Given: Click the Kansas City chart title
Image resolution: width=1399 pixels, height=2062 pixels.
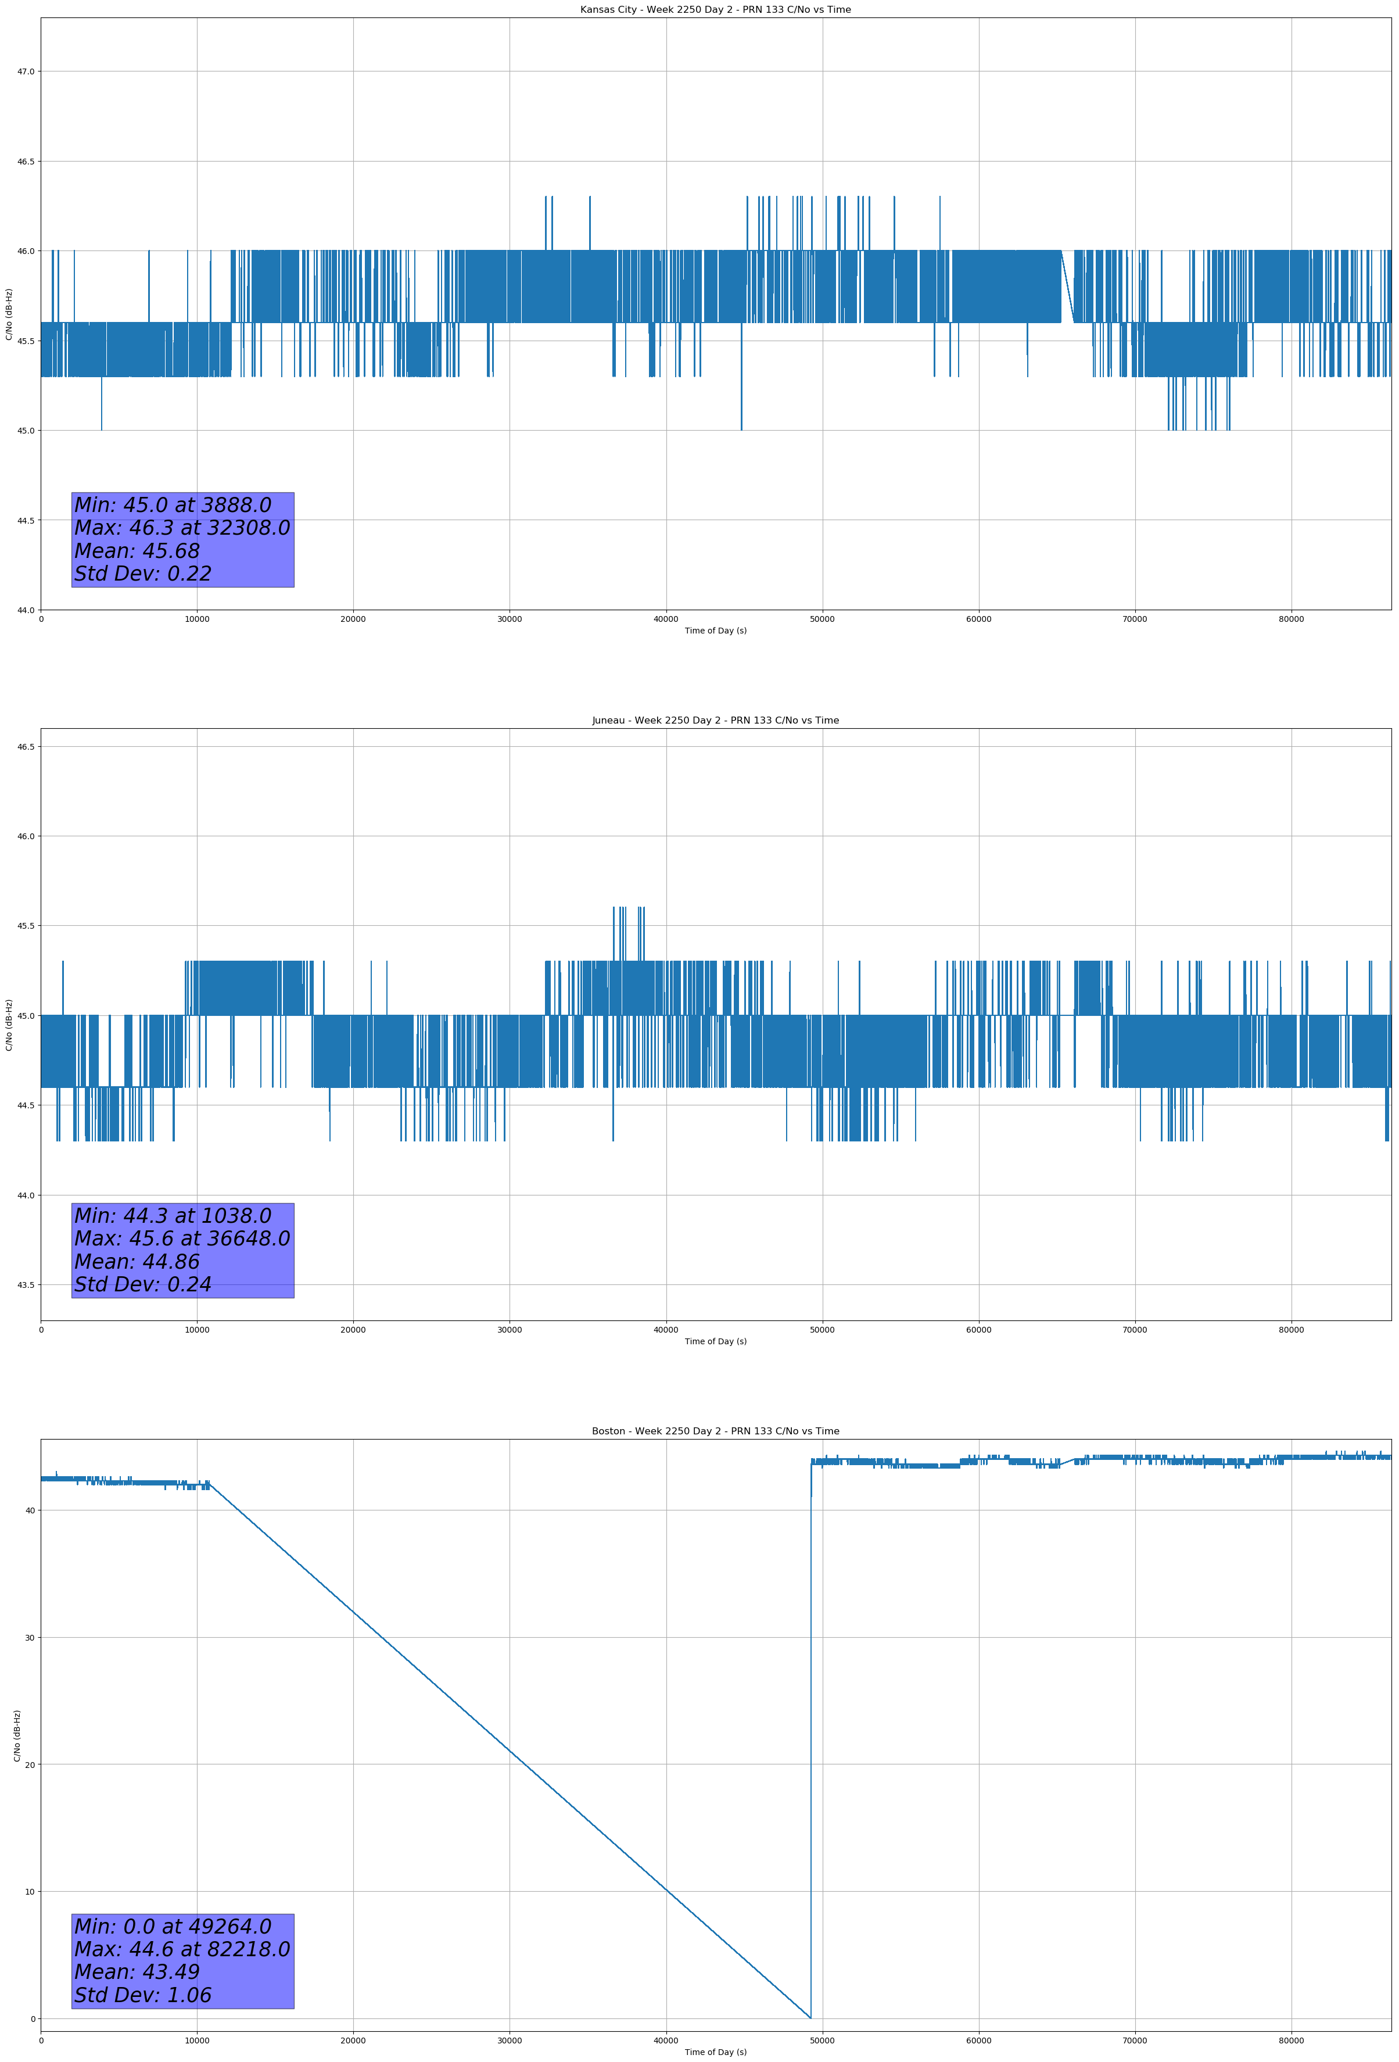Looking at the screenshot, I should click(x=715, y=10).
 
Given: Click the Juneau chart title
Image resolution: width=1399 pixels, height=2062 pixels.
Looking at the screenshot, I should click(x=715, y=721).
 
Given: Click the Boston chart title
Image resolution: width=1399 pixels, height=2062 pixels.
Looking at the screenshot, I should click(x=715, y=1431).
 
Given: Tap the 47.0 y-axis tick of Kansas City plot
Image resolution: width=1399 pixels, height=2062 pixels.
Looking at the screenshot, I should click(x=26, y=72).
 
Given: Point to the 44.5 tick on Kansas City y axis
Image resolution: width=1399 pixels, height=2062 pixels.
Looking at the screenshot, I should click(x=26, y=521).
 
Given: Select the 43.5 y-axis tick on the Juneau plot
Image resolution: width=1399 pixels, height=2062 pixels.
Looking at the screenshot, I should click(x=26, y=1285).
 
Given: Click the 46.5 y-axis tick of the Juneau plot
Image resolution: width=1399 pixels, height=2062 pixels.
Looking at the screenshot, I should click(x=26, y=747).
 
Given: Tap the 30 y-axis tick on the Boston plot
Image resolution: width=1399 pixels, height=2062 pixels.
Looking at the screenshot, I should click(x=29, y=1638).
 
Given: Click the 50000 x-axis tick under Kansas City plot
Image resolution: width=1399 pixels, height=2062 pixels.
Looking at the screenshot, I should click(x=822, y=620).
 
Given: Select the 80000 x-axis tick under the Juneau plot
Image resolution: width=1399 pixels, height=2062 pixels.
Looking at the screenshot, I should click(x=1291, y=1330).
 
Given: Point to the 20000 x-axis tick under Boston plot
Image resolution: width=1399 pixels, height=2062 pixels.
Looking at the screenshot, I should click(x=353, y=2040).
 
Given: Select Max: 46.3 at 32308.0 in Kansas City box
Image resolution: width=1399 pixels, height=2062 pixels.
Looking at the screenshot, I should click(x=182, y=528).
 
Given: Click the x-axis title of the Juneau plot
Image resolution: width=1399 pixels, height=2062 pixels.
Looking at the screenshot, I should click(x=715, y=1341).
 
